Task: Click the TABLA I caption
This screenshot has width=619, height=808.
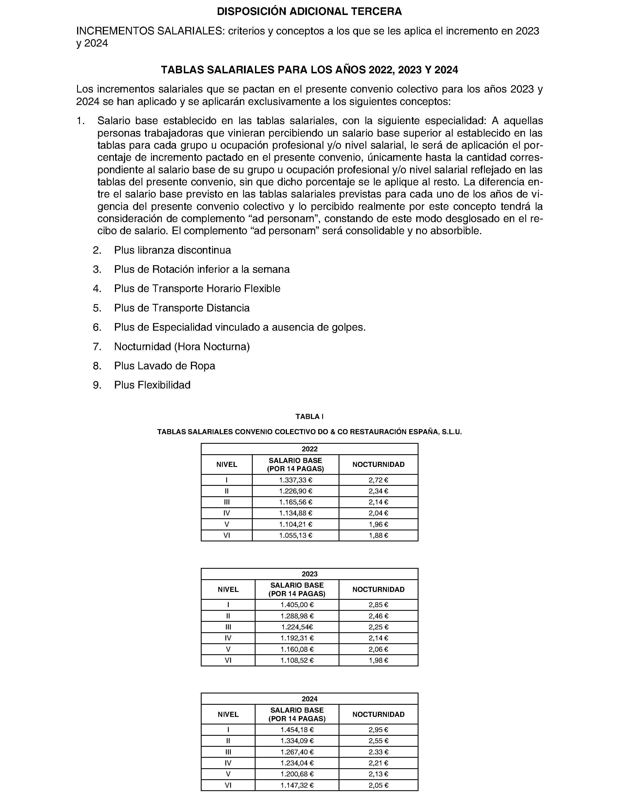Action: click(309, 416)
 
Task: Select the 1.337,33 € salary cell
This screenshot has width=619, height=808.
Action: click(295, 480)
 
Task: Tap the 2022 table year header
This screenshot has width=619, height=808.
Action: click(309, 449)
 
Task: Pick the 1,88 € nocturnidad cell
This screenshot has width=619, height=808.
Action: click(378, 535)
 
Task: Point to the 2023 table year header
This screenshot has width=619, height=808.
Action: click(309, 574)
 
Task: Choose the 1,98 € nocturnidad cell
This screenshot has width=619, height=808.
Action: click(378, 660)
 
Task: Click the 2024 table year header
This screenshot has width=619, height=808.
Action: click(309, 699)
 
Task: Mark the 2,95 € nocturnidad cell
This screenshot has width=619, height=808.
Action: click(378, 730)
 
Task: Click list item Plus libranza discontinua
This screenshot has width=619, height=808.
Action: click(173, 250)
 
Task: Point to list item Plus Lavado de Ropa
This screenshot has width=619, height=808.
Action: click(164, 366)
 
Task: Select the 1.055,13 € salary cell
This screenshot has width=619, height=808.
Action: click(295, 535)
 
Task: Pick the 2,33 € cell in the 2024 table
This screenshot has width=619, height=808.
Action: click(378, 752)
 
